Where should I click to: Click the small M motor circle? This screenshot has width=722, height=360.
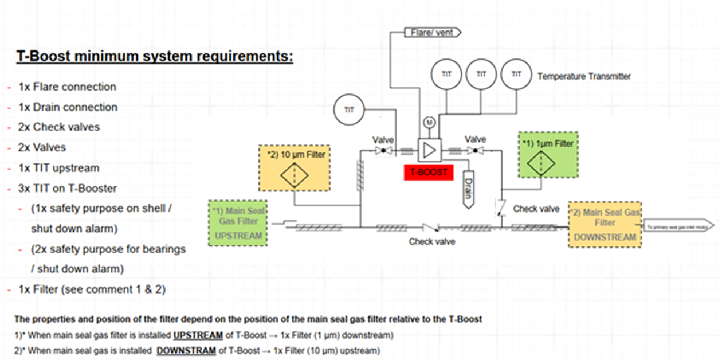click(428, 122)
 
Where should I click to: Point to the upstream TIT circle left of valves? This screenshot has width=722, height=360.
click(349, 110)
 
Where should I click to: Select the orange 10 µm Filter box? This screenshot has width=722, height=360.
click(294, 168)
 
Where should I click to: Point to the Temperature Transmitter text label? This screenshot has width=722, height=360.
click(584, 76)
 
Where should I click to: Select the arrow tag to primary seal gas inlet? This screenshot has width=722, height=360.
click(678, 227)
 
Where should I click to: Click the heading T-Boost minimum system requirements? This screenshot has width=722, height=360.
click(154, 57)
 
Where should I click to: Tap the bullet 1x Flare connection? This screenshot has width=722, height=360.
click(67, 87)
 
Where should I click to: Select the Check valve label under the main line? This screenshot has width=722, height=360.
click(432, 242)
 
